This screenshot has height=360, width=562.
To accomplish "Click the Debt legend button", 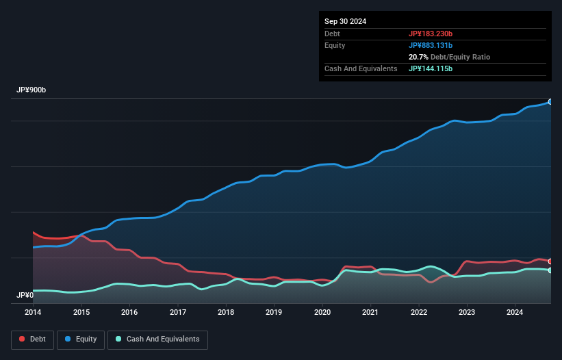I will click(x=32, y=339).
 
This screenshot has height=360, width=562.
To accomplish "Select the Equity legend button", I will click(x=81, y=339).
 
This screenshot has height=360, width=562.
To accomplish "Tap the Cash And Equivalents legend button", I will click(x=157, y=339).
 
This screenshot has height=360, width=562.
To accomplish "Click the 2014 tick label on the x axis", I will click(x=33, y=312).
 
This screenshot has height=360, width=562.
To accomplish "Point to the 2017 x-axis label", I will click(x=178, y=312).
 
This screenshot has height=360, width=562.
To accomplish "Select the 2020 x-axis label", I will click(x=322, y=312).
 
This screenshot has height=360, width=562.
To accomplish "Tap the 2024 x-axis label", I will click(x=515, y=312).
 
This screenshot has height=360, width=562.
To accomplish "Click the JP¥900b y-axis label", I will click(x=31, y=90).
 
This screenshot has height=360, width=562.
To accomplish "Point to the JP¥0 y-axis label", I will click(x=25, y=295).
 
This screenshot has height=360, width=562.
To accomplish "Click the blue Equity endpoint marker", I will click(x=550, y=101).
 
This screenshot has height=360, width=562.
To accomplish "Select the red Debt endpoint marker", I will click(x=550, y=261).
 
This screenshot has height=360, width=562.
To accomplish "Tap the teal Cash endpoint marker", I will click(x=550, y=270).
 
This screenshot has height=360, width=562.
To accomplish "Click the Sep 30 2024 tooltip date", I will click(x=345, y=21).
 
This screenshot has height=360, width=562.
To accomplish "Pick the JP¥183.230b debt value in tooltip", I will click(x=431, y=34).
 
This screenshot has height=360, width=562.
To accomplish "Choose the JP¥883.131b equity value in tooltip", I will click(x=431, y=45).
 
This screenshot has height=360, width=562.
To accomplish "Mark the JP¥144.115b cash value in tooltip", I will click(x=431, y=68).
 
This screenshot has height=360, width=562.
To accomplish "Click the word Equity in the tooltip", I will click(x=335, y=45).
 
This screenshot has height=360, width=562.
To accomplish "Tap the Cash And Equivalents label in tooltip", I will click(x=361, y=68).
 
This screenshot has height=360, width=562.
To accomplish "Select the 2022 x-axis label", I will click(x=419, y=312).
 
